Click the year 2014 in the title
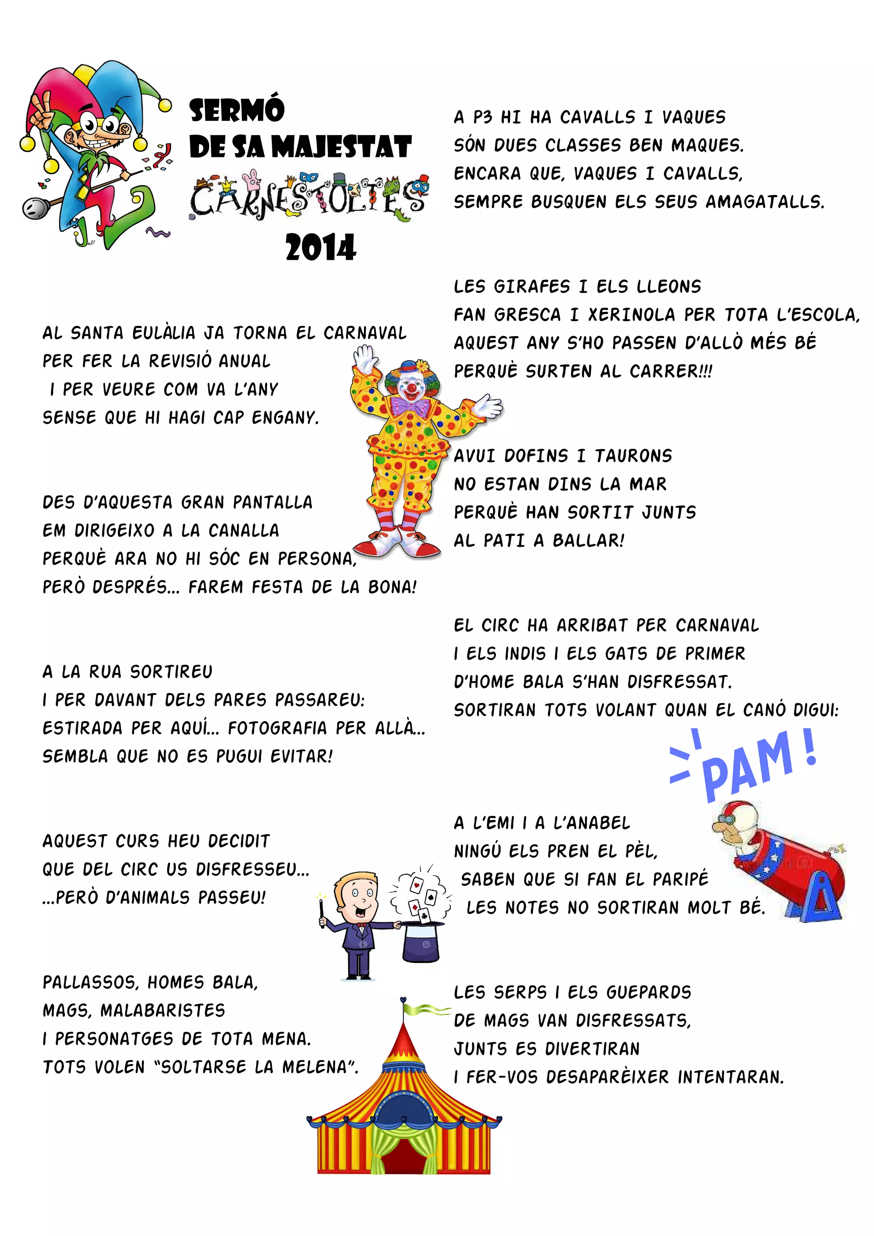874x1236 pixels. tap(320, 248)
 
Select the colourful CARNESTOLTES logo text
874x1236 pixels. tap(309, 197)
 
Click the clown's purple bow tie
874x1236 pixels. tap(411, 406)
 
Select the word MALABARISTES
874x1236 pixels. tap(163, 1010)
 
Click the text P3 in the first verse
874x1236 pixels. tap(483, 117)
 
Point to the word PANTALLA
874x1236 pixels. tap(273, 502)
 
